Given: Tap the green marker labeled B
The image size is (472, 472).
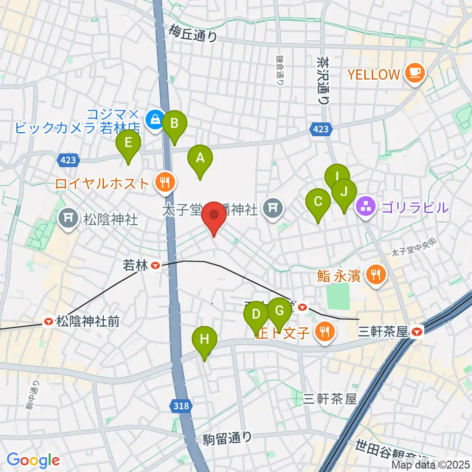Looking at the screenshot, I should pyautogui.click(x=174, y=123).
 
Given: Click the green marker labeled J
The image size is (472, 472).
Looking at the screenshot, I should pyautogui.click(x=344, y=191).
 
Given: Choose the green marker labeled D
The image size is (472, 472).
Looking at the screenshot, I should pyautogui.click(x=256, y=314).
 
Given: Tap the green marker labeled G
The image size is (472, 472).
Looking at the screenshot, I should pyautogui.click(x=279, y=311).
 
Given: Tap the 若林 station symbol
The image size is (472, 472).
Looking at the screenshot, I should pyautogui.click(x=156, y=266).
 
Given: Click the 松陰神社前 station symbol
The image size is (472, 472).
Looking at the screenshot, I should pyautogui.click(x=49, y=322).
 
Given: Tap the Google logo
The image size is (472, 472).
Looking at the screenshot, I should pyautogui.click(x=33, y=460).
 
